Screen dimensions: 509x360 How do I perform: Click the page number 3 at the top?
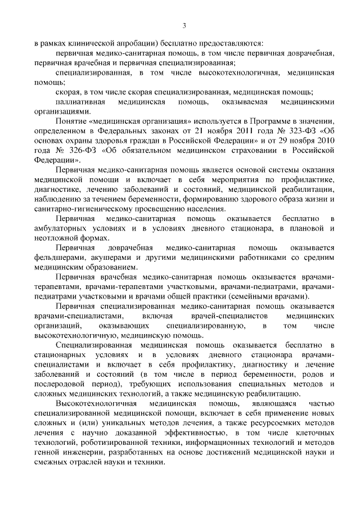[184, 24]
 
